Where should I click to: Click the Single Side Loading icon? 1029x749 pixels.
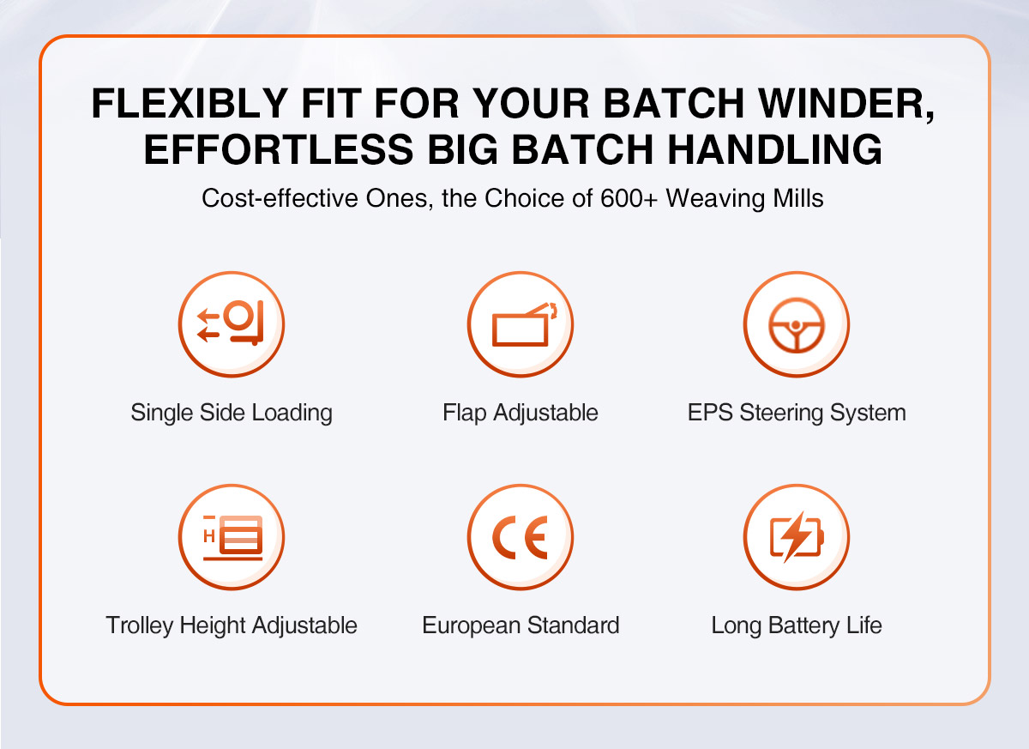(x=231, y=324)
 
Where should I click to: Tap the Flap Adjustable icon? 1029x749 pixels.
(x=520, y=324)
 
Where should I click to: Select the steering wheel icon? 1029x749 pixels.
(x=796, y=324)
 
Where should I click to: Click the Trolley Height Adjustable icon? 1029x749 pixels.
(x=231, y=537)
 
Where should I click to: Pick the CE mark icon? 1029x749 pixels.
(x=520, y=537)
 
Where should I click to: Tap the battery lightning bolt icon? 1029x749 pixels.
(x=796, y=537)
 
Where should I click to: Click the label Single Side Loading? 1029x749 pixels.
(x=232, y=413)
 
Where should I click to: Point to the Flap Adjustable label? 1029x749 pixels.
(x=520, y=413)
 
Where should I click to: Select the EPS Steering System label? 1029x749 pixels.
(x=797, y=413)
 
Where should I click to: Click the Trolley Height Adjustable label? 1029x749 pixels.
(x=232, y=625)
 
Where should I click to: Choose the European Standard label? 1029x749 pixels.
(x=521, y=625)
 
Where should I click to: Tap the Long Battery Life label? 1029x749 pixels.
(x=797, y=625)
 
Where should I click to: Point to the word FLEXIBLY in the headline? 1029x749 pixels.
(x=190, y=103)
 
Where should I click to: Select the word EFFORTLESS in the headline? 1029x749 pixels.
(x=279, y=149)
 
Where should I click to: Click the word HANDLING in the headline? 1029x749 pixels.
(x=774, y=149)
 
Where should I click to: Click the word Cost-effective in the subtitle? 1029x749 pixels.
(x=280, y=198)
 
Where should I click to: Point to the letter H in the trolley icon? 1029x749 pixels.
(x=209, y=535)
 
